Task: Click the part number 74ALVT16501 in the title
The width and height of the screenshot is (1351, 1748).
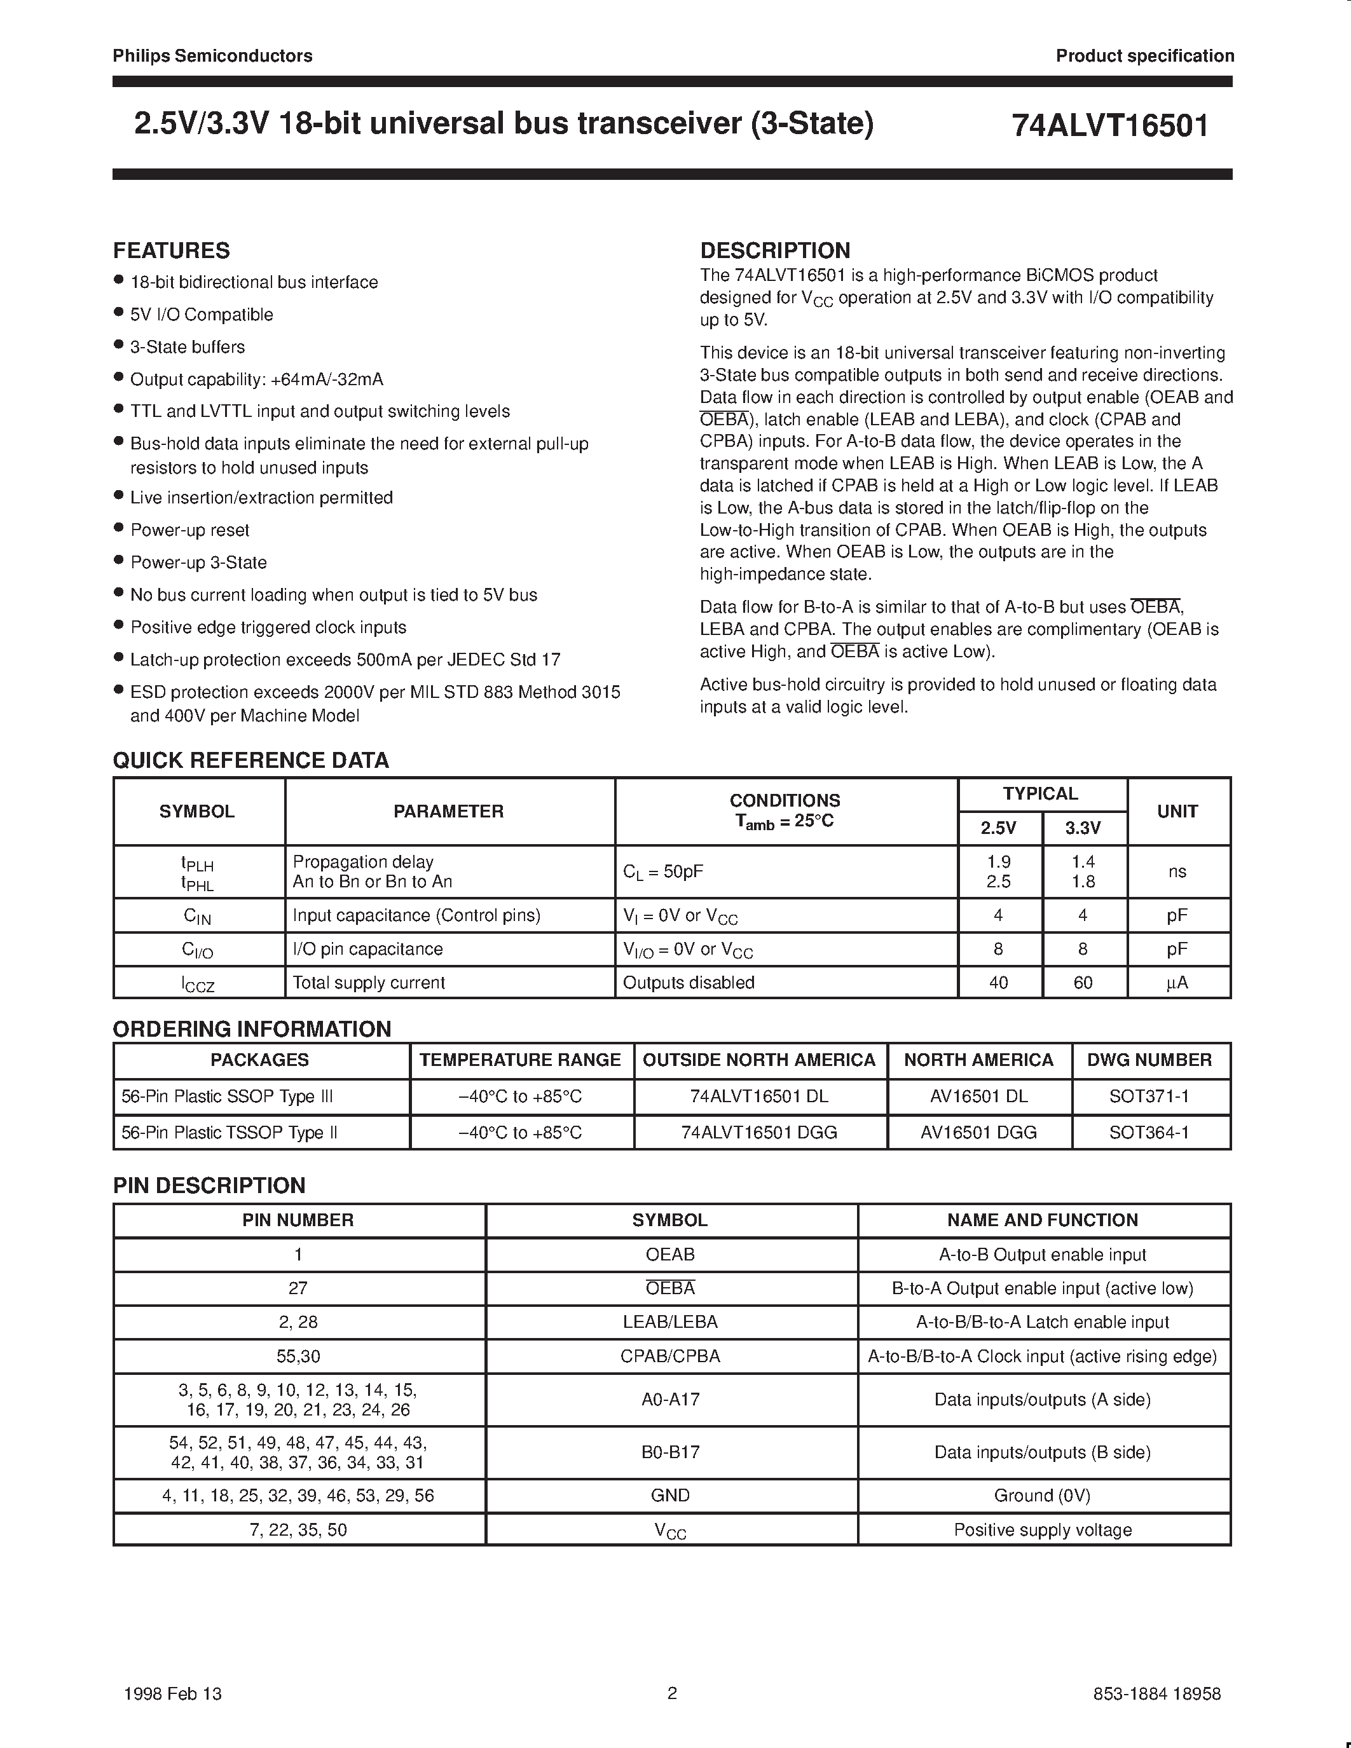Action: [x=1110, y=126]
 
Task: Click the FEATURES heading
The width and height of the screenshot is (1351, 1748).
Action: [x=171, y=250]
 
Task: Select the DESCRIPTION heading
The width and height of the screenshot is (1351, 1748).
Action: [x=775, y=250]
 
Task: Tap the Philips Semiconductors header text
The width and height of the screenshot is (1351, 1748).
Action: [x=212, y=55]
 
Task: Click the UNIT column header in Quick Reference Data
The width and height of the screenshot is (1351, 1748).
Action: [x=1177, y=811]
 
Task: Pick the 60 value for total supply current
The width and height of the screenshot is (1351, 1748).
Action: [x=1082, y=982]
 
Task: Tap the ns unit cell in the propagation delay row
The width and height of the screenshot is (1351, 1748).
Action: [x=1177, y=871]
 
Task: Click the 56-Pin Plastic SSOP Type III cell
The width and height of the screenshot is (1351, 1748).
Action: [x=226, y=1096]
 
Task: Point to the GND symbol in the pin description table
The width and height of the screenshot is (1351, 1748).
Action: [x=670, y=1495]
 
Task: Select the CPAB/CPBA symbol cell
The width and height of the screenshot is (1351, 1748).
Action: [x=670, y=1356]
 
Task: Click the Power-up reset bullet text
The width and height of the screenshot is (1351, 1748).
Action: [x=189, y=530]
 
